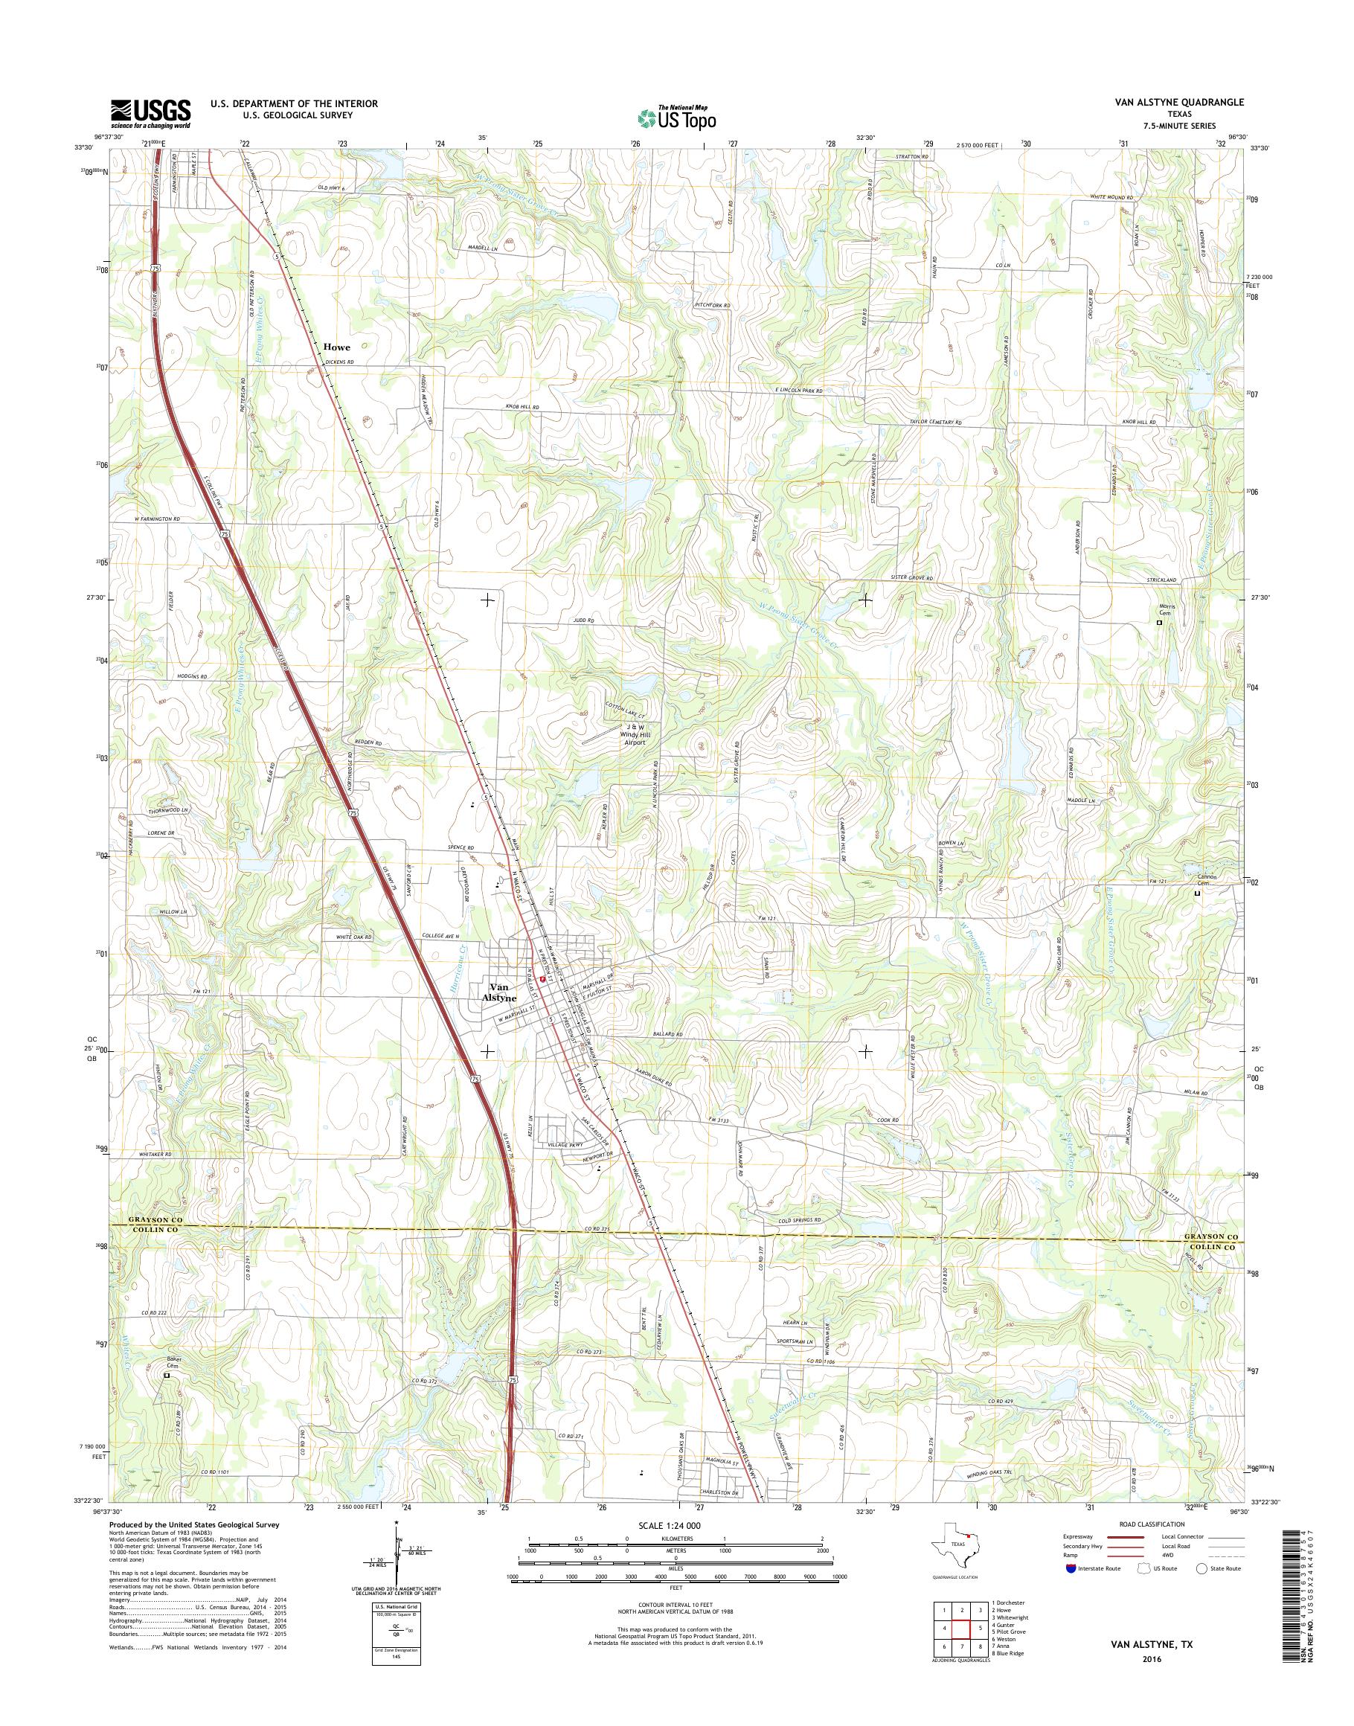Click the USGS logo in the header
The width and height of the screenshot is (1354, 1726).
click(x=150, y=113)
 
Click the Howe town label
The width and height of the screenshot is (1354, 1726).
click(x=336, y=347)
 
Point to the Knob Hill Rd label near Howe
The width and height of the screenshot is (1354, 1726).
click(x=522, y=407)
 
